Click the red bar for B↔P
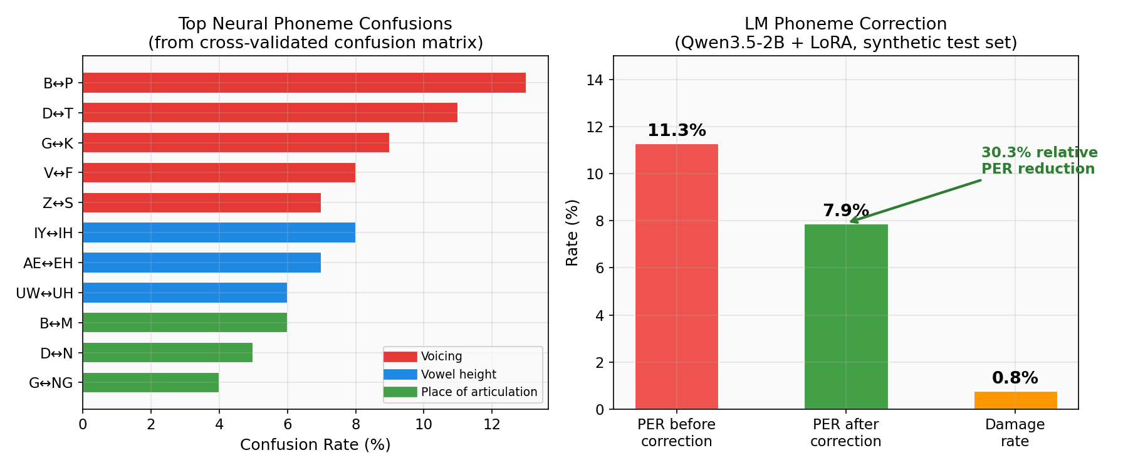[x=304, y=83]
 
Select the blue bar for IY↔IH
[x=219, y=232]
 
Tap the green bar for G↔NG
[x=150, y=382]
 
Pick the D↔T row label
[x=58, y=113]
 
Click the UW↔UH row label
[x=44, y=293]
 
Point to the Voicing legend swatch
[x=400, y=357]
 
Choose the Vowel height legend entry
[x=458, y=374]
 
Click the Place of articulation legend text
[x=479, y=392]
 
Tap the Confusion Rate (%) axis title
[x=315, y=444]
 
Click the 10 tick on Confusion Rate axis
[x=424, y=424]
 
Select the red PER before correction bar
[x=677, y=276]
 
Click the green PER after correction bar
[x=846, y=316]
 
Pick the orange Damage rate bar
[x=1015, y=400]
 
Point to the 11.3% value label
[x=677, y=130]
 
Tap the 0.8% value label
[x=1015, y=378]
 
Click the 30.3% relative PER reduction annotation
[x=1039, y=161]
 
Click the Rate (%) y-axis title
[x=572, y=232]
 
